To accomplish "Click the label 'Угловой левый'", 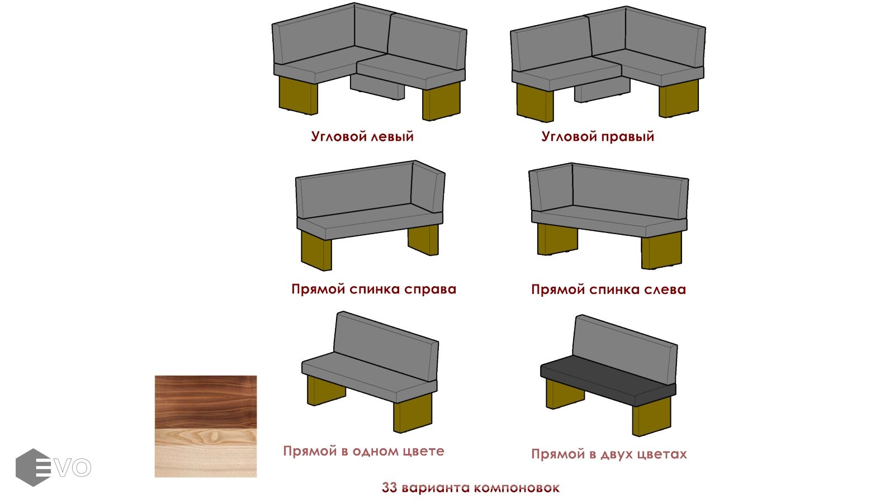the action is (x=362, y=136).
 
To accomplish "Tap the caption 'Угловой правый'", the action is (x=598, y=136).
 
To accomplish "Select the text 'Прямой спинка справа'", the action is (x=373, y=290).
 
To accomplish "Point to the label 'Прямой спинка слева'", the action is (x=608, y=290).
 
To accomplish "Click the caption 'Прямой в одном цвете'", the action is (x=363, y=451).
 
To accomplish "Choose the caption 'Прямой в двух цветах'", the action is (x=609, y=454).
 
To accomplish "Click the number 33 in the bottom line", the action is (x=390, y=487).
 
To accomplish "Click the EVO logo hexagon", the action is (x=33, y=467).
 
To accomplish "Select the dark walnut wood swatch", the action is (x=206, y=402).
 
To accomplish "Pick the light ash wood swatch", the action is (x=206, y=453).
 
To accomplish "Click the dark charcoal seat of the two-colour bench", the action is (x=608, y=381).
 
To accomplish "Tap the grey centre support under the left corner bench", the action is (x=377, y=87).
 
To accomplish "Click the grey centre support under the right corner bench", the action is (x=602, y=90).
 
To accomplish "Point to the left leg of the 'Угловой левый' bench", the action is (x=299, y=96).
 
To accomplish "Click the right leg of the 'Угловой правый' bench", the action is (x=679, y=98).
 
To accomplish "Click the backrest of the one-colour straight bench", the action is (x=386, y=346).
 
